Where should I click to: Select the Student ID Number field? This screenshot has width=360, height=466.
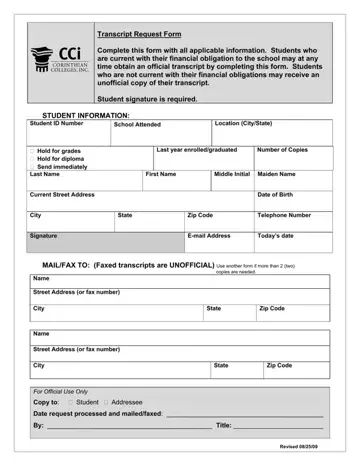click(x=68, y=133)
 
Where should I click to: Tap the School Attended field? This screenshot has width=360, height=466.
click(x=161, y=134)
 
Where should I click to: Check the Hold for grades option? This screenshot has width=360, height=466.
click(x=32, y=150)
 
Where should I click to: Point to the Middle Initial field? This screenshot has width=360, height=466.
click(x=232, y=181)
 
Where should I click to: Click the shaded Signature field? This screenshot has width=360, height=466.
click(x=105, y=241)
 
